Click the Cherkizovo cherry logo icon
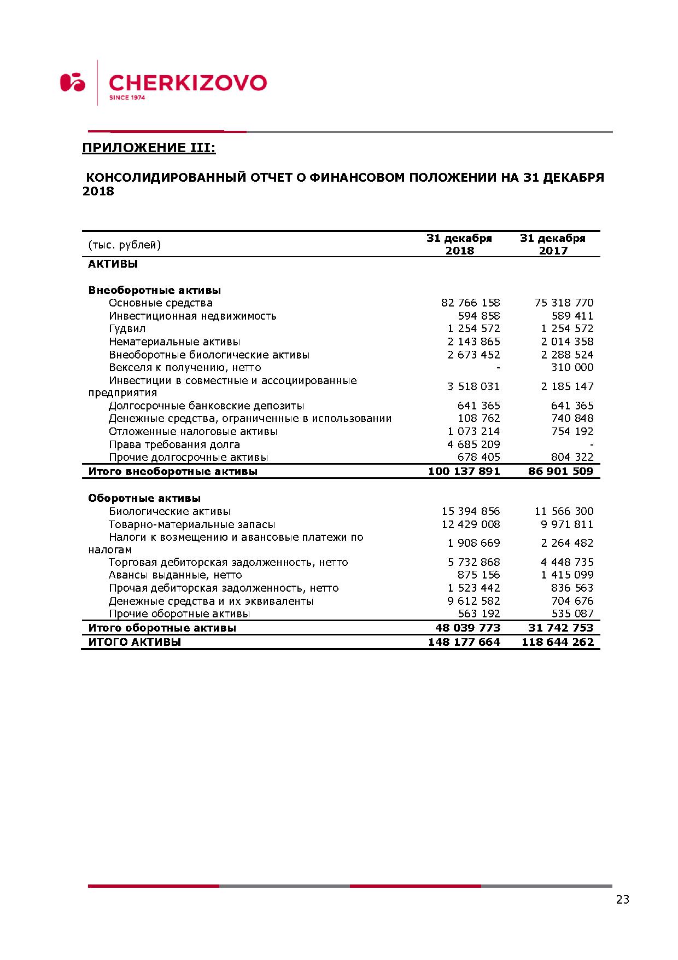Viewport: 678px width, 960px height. pyautogui.click(x=73, y=82)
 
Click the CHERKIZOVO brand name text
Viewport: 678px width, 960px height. pyautogui.click(x=188, y=83)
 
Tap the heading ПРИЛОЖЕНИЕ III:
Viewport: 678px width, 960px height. pyautogui.click(x=149, y=148)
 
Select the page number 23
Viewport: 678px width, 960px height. pyautogui.click(x=622, y=899)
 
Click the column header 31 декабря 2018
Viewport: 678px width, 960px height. pyautogui.click(x=459, y=245)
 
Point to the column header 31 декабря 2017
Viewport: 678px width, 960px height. pyautogui.click(x=553, y=245)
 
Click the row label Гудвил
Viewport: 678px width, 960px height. pyautogui.click(x=127, y=328)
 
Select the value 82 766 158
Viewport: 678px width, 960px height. pyautogui.click(x=470, y=303)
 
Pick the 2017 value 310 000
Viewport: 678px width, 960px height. pyautogui.click(x=572, y=367)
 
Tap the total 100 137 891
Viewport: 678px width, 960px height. pyautogui.click(x=464, y=471)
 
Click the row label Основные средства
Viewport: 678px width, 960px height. pyautogui.click(x=160, y=303)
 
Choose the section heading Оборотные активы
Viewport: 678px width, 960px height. pyautogui.click(x=144, y=498)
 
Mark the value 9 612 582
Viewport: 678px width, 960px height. pyautogui.click(x=474, y=601)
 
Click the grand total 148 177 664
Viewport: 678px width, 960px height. pyautogui.click(x=464, y=642)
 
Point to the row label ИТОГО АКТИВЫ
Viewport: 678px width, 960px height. pyautogui.click(x=135, y=642)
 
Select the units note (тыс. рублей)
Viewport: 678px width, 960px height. pyautogui.click(x=125, y=245)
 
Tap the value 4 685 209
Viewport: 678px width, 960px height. pyautogui.click(x=474, y=444)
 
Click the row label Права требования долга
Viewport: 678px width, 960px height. pyautogui.click(x=174, y=444)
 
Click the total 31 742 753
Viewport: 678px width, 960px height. pyautogui.click(x=560, y=628)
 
